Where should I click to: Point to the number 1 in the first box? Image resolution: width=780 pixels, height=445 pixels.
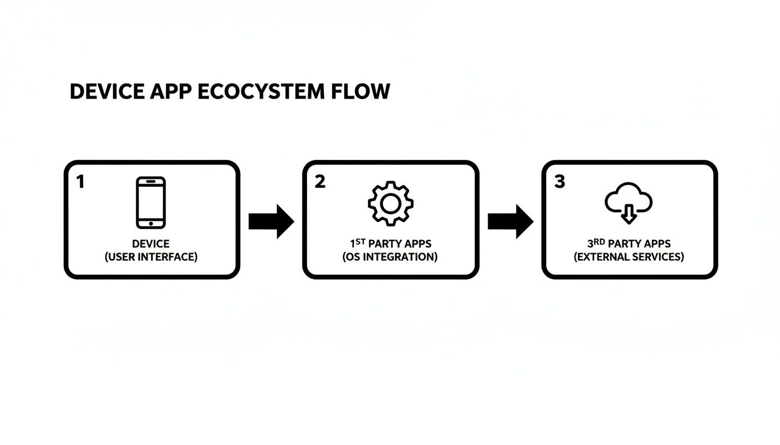coord(80,182)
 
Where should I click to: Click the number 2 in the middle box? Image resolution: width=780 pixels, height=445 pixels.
coord(320,182)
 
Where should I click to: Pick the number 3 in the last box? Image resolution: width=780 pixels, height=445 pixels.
coord(559,182)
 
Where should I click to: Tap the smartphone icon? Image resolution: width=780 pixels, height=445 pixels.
coord(151,202)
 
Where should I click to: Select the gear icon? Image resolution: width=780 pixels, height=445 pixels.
coord(391,203)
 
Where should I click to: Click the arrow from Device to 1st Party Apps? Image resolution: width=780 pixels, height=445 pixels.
coord(271,221)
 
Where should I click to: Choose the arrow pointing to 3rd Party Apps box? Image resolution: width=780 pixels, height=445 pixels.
coord(510,221)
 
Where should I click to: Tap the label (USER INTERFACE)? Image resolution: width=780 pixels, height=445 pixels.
coord(151,257)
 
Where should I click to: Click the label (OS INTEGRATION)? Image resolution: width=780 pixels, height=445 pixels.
coord(390,257)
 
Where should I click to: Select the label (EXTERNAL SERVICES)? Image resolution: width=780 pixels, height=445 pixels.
coord(629,257)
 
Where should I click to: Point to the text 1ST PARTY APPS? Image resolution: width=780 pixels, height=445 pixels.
coord(390,243)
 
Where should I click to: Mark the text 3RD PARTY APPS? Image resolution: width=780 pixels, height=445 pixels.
coord(629,243)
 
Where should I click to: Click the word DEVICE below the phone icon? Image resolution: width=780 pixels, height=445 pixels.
coord(151,244)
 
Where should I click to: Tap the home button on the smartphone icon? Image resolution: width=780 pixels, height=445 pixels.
coord(151,223)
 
